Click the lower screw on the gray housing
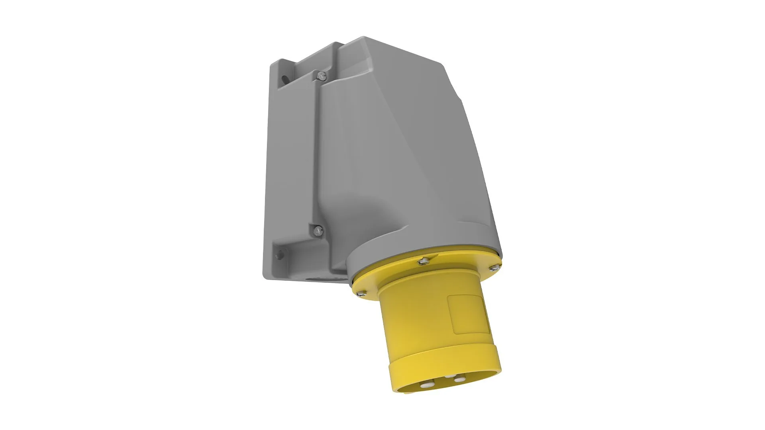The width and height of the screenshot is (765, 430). [318, 230]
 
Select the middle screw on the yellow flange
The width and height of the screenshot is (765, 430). [424, 261]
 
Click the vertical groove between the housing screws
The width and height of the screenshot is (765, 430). [317, 151]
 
